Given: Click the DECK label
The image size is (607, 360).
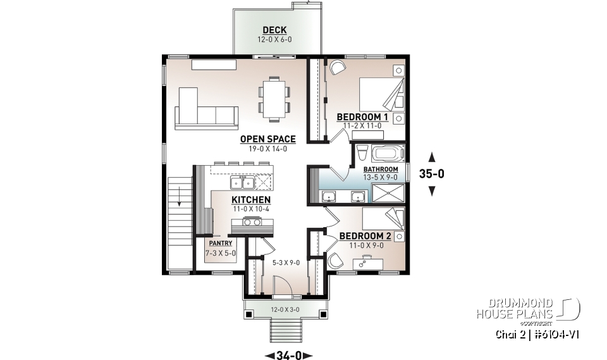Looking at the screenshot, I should pos(275,30).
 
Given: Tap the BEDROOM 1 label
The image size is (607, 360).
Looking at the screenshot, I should pos(362,117).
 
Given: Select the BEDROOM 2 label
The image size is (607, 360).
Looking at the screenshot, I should pos(365,236).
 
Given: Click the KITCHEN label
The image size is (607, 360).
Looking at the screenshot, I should pos(251,200).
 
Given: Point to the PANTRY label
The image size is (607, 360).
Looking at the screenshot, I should pos(220,243).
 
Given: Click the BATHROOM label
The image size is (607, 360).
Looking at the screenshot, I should pos(381,170).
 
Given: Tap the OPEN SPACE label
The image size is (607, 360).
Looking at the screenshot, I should pos(268,139).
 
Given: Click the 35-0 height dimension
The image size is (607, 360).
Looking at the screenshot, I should pos(432,174).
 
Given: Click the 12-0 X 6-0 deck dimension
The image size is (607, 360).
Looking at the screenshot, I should pos(272,39).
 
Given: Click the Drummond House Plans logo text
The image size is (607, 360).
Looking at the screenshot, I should pos(516,308).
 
